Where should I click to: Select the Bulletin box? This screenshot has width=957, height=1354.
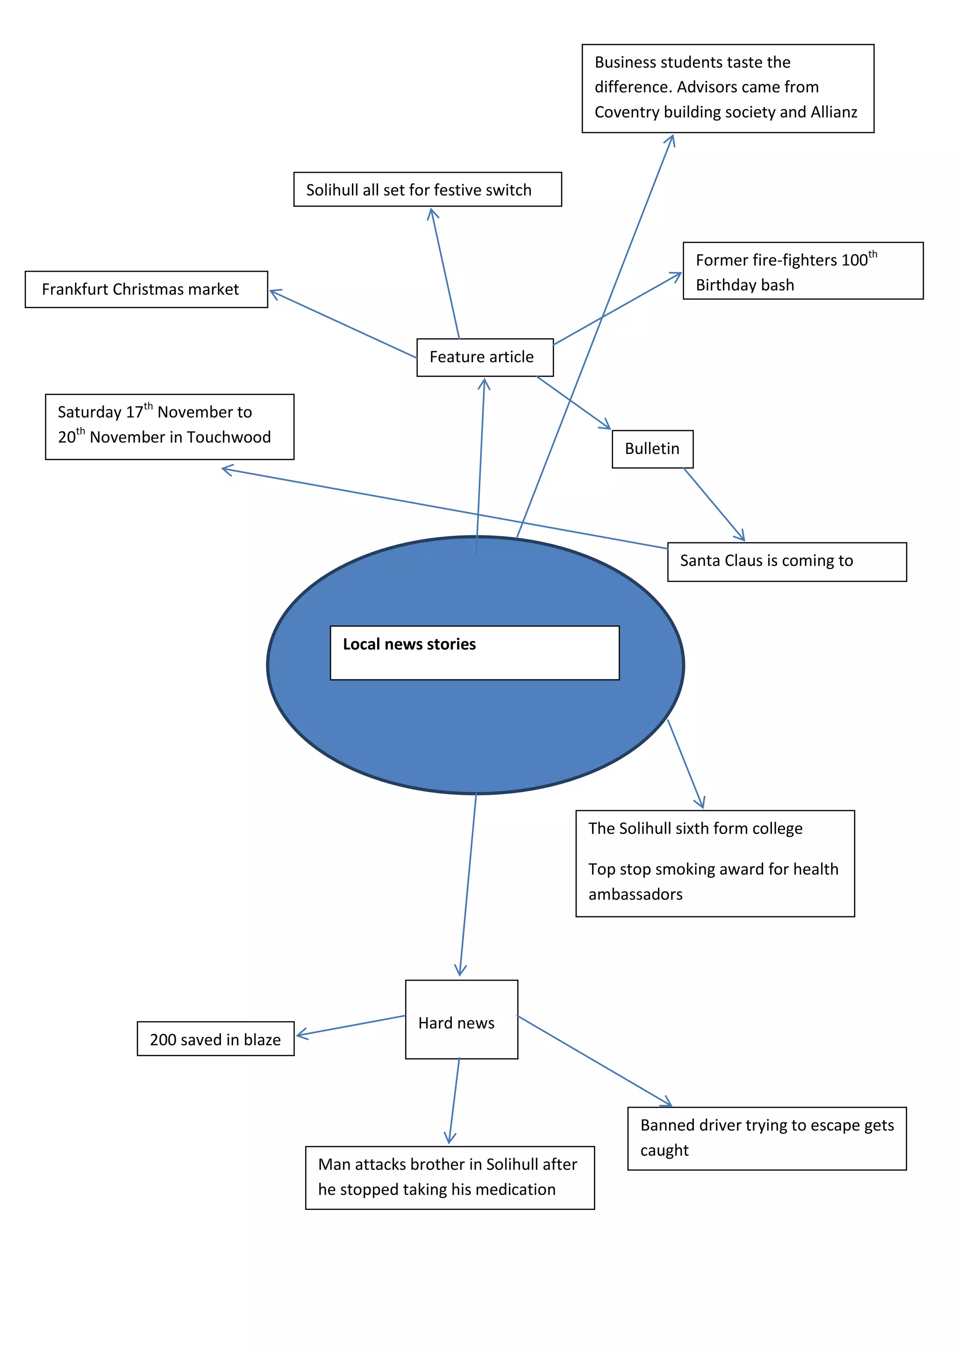652,449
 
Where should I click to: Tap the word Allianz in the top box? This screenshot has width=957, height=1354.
833,112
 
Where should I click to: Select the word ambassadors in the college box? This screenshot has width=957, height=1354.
635,894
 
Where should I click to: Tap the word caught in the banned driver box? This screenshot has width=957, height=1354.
664,1151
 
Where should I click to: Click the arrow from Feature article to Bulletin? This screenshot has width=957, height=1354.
573,402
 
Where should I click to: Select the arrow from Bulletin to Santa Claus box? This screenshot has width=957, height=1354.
714,504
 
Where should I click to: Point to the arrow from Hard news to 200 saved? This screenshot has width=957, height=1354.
350,1025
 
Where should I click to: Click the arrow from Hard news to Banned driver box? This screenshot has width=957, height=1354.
594,1060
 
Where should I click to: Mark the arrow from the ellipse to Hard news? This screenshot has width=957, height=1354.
468,885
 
